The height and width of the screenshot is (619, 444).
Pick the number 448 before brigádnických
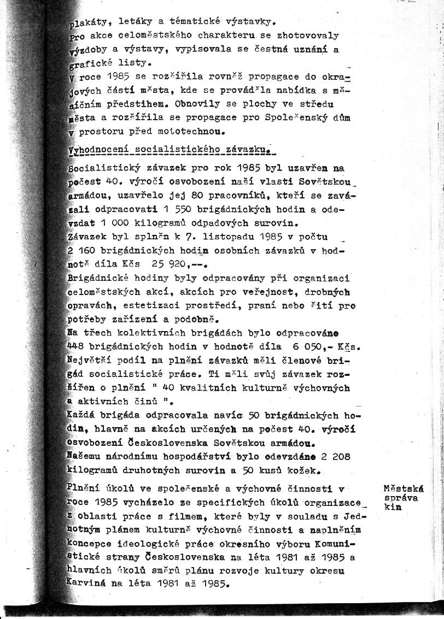[75, 346]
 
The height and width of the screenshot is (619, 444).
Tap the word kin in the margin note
[393, 506]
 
